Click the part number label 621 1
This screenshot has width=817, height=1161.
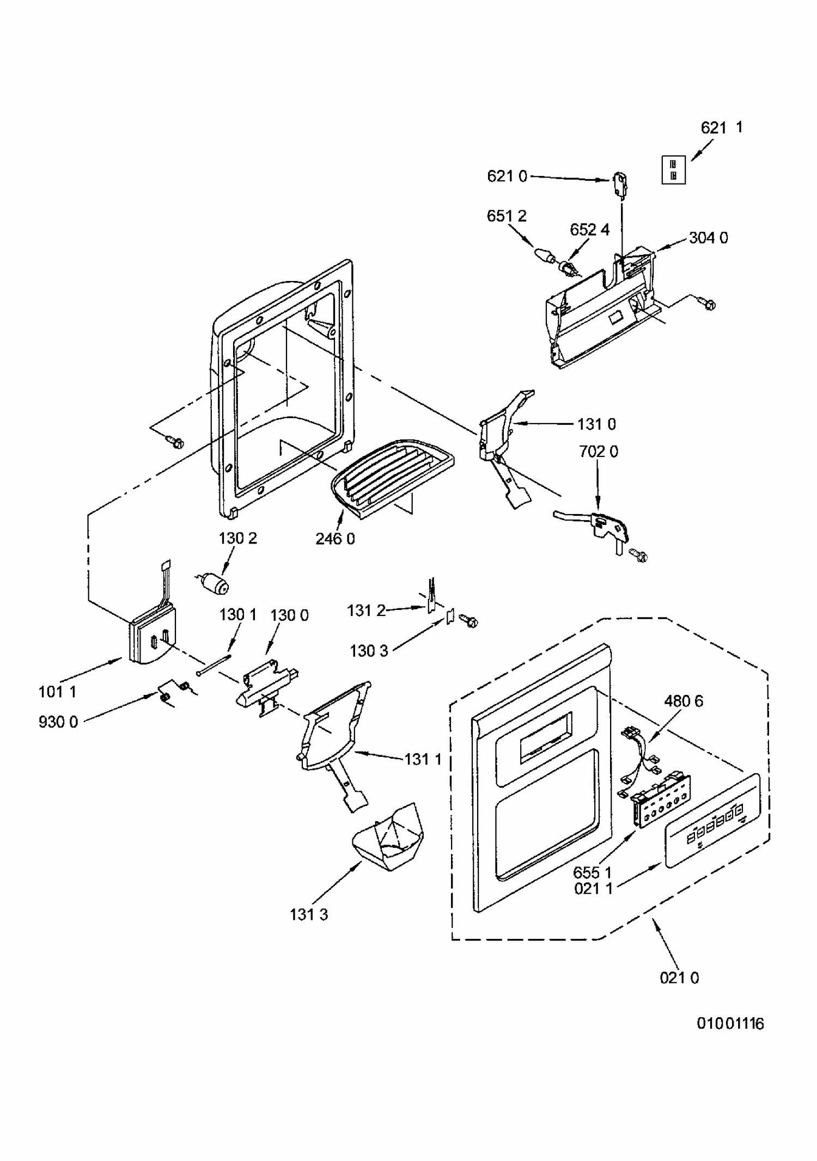point(721,127)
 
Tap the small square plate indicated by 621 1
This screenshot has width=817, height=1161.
point(673,169)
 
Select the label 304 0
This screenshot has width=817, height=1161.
point(708,238)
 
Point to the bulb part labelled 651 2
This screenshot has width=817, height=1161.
point(544,255)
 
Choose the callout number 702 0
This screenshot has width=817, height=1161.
point(599,451)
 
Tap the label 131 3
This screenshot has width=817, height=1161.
point(309,914)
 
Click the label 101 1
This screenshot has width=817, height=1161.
point(57,692)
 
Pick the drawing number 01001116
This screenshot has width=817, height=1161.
point(730,1024)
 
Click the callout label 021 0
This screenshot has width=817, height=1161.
point(679,978)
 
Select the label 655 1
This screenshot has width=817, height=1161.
point(593,873)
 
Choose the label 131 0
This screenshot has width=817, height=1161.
point(597,424)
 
